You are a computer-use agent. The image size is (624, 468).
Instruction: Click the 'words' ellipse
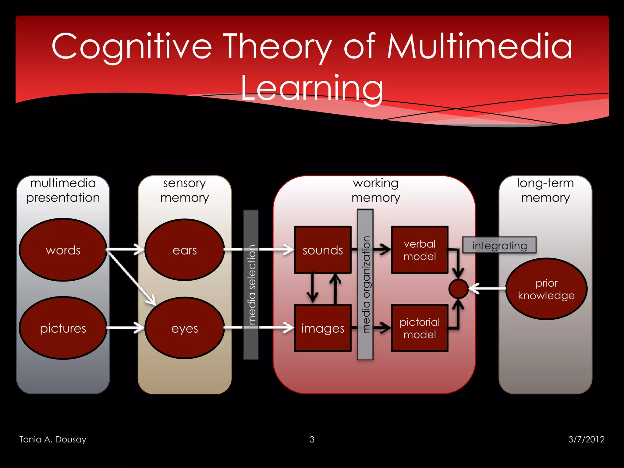(63, 250)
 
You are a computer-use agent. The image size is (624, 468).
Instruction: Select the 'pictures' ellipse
(63, 328)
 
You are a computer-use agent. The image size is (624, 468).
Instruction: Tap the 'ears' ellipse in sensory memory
(185, 250)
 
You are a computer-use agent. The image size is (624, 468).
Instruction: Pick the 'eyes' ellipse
(185, 328)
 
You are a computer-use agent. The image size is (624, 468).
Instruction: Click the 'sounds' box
(323, 250)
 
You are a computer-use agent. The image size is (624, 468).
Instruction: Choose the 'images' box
(323, 328)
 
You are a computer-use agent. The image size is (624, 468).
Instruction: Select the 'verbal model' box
(420, 250)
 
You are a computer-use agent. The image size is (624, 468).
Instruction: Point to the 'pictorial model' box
(420, 328)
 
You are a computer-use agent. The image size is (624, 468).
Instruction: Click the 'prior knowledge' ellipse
(546, 289)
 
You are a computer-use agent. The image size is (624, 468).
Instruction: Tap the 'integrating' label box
(499, 245)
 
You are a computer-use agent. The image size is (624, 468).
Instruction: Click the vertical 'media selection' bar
(251, 285)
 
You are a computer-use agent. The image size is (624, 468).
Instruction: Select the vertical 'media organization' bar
(365, 285)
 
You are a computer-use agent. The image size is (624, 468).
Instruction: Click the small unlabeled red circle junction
(458, 289)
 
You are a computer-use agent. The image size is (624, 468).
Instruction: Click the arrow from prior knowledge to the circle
(487, 288)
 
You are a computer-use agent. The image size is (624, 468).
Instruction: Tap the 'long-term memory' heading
(545, 190)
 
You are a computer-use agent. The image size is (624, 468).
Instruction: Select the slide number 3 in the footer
(312, 439)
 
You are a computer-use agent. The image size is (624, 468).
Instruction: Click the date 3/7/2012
(586, 439)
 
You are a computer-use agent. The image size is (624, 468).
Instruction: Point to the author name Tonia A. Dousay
(53, 439)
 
